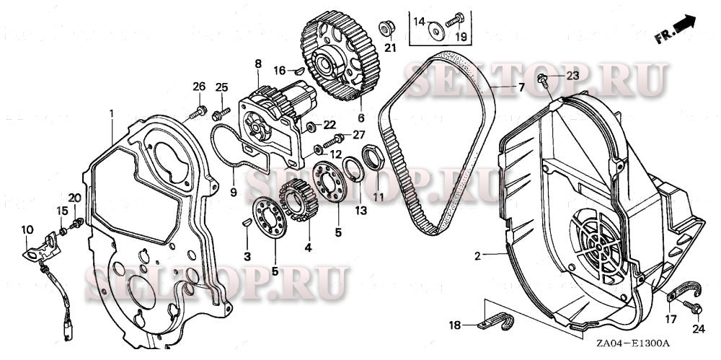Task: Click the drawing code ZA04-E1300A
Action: [633, 345]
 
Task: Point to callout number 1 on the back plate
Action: [112, 113]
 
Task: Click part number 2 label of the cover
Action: [477, 255]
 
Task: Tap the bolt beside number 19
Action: [455, 22]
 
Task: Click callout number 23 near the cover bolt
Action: [572, 75]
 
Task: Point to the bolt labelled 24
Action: [696, 309]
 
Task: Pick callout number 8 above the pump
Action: [257, 64]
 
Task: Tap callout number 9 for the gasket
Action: [232, 192]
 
